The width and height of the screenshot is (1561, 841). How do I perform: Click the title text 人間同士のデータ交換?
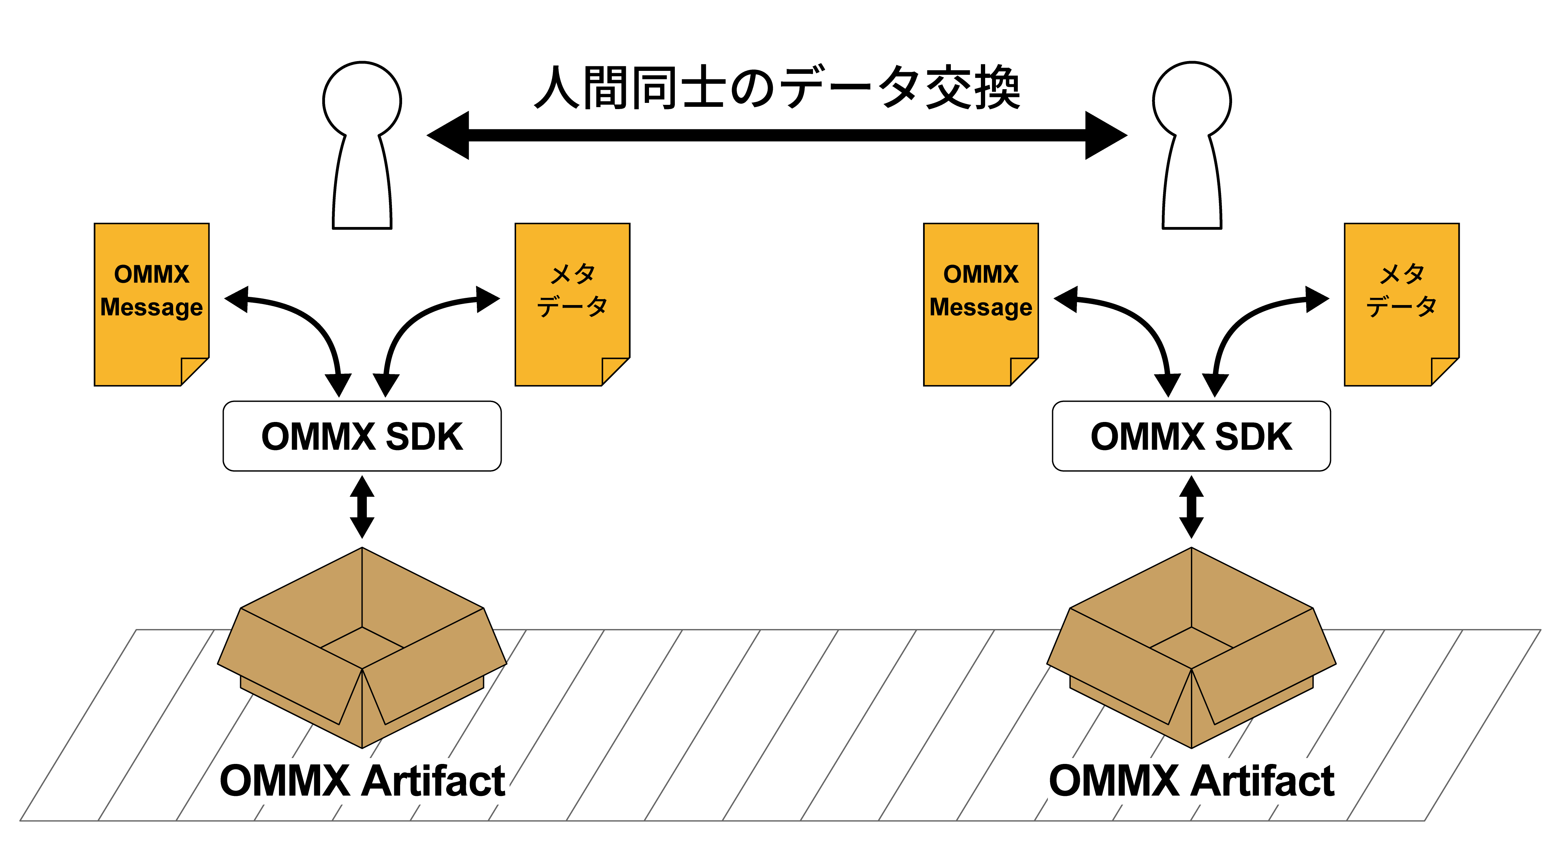[x=777, y=88]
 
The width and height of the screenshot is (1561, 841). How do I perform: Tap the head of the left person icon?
[x=362, y=100]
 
